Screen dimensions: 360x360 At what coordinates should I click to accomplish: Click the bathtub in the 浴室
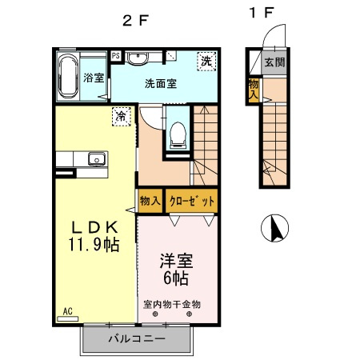coord(68,76)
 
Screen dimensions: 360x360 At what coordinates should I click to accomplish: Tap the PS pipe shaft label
coord(115,56)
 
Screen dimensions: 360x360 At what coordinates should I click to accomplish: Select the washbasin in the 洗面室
coord(138,58)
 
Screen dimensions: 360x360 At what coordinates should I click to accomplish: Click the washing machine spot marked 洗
coord(206,62)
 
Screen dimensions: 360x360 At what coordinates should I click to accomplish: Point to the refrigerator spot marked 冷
coord(122,116)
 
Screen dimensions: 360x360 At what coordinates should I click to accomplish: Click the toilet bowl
coord(178,135)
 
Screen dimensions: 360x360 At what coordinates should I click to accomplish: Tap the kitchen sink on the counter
coord(97,159)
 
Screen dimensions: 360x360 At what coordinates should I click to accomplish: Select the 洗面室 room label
coord(161,84)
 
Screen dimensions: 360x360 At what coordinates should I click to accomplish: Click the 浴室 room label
coord(94,78)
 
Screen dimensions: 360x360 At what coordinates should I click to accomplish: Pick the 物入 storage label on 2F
coord(150,201)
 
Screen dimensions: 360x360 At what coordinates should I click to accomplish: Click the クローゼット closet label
coord(192,202)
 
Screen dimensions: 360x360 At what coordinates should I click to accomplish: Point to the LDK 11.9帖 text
coord(94,236)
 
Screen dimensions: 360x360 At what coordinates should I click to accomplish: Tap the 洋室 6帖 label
coord(177,270)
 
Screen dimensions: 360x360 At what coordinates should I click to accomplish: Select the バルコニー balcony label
coord(137,339)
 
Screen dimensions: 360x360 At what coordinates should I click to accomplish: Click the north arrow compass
coord(274,228)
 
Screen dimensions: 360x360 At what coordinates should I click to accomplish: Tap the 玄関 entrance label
coord(274,62)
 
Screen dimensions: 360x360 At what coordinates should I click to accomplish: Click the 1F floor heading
coord(262,13)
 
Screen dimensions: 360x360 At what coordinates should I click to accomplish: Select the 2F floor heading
coord(135,20)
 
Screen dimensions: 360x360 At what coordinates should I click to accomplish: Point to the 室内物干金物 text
coord(172,304)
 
